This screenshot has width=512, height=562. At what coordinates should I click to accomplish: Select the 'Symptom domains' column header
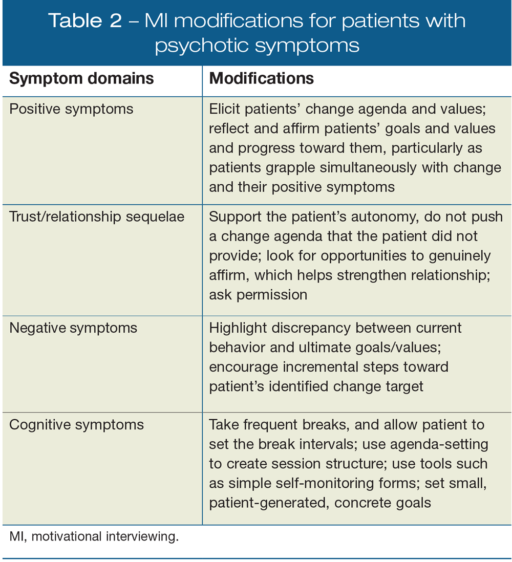pyautogui.click(x=81, y=78)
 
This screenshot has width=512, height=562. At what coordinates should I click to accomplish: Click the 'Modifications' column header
pyautogui.click(x=262, y=78)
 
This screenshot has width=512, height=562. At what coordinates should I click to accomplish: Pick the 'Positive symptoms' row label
pyautogui.click(x=71, y=109)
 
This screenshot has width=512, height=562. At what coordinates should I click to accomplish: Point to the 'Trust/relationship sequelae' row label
pyautogui.click(x=97, y=217)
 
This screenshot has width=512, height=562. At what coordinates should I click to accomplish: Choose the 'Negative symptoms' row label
pyautogui.click(x=73, y=328)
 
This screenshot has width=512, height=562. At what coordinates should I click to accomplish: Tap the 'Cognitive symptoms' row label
pyautogui.click(x=76, y=424)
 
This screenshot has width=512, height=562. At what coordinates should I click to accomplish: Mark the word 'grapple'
pyautogui.click(x=284, y=167)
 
